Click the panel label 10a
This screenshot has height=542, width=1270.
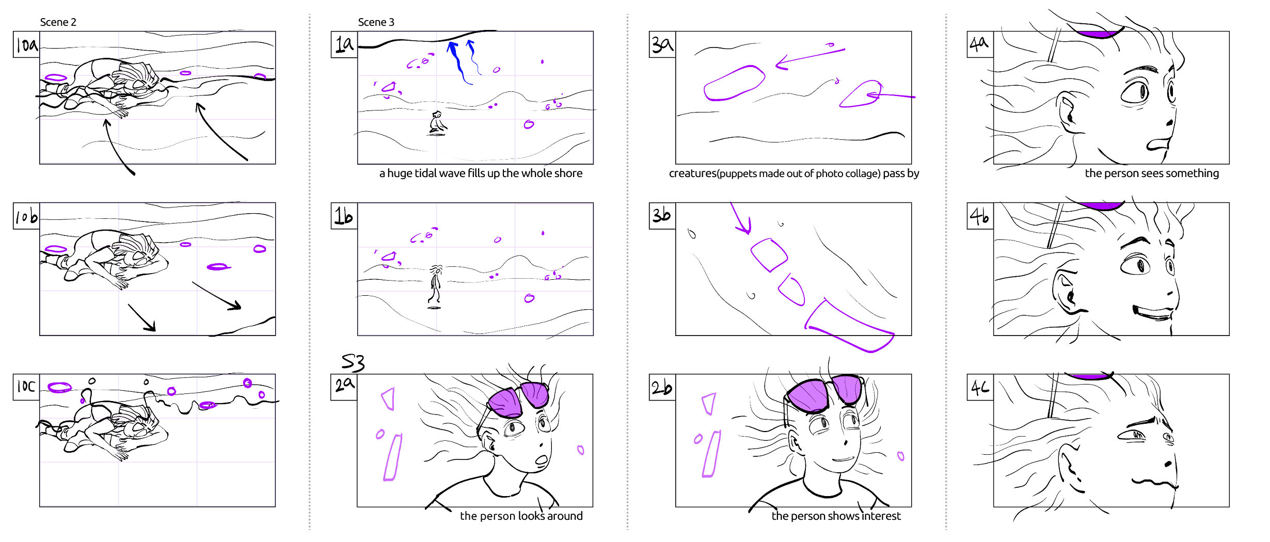(x=26, y=44)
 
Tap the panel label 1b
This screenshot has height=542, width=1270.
(x=344, y=216)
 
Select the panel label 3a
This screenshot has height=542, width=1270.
(x=662, y=44)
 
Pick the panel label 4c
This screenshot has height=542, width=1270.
(x=980, y=387)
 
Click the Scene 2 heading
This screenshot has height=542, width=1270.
(x=58, y=22)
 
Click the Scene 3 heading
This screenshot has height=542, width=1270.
(x=376, y=22)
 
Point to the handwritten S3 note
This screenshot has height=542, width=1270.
(x=353, y=362)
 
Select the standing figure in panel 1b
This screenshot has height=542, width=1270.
(x=435, y=285)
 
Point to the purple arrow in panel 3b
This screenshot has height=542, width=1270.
(x=741, y=219)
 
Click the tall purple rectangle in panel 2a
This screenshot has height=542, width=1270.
(x=393, y=457)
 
